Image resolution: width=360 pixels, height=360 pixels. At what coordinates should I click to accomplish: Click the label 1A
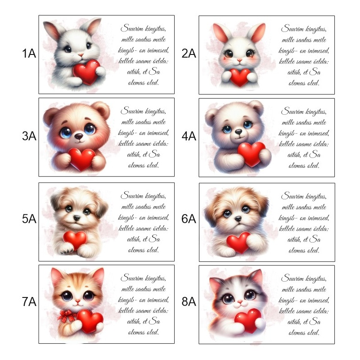click(29, 54)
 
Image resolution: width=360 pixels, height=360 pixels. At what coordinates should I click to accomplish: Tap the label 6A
click(189, 219)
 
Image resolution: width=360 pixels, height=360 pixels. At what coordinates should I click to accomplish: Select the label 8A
click(189, 301)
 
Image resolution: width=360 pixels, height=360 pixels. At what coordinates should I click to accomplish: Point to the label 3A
click(29, 136)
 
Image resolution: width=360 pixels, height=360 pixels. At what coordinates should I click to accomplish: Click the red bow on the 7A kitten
click(67, 316)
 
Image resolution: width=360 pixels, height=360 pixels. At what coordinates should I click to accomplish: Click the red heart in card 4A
click(252, 154)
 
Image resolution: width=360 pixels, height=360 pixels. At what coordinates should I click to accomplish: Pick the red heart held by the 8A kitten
click(248, 320)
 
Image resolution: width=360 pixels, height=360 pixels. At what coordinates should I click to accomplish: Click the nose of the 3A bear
click(79, 136)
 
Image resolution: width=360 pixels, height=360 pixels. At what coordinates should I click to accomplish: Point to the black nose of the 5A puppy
click(76, 217)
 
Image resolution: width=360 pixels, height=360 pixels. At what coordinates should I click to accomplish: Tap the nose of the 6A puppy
click(238, 219)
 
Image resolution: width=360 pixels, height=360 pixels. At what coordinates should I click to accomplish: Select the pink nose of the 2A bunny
click(239, 60)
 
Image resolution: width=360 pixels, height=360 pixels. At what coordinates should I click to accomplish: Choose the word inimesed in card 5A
click(158, 217)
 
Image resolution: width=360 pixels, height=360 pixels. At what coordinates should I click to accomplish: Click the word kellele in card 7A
click(126, 310)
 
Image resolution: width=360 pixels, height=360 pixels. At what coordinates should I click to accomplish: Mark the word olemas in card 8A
click(296, 333)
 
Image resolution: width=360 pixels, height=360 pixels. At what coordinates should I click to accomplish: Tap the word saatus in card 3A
click(143, 122)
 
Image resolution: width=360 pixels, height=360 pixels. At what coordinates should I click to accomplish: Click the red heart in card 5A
click(75, 240)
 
